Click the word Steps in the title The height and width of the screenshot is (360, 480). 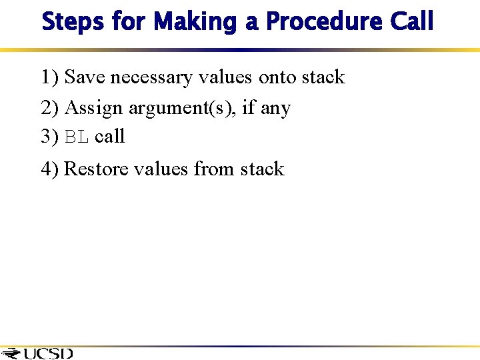73,21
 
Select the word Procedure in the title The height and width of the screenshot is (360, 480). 323,21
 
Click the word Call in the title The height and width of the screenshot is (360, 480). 411,21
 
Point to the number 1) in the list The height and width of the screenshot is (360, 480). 50,77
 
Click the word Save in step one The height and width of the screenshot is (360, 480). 85,77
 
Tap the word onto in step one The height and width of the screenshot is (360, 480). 277,78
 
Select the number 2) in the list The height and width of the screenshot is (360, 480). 50,107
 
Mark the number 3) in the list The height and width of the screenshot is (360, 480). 50,137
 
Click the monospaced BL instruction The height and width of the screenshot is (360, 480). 77,137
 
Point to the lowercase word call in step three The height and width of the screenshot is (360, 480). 110,137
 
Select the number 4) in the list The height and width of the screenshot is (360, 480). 50,169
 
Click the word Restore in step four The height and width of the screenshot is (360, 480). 96,169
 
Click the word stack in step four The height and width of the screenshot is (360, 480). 262,169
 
